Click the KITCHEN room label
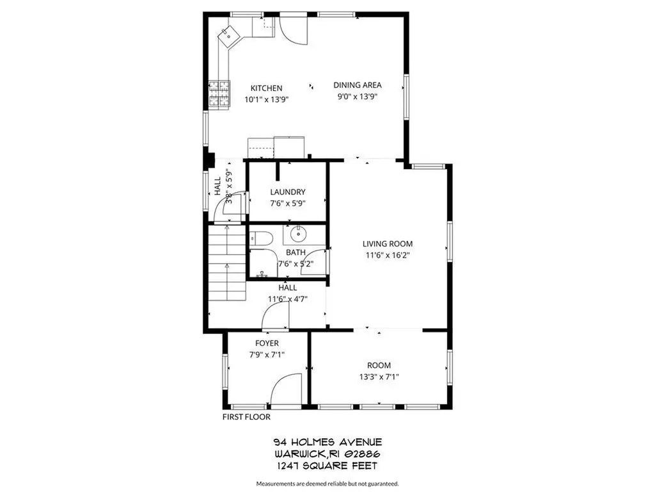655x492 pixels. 266,88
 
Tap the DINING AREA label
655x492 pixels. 358,85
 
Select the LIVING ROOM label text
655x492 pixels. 388,243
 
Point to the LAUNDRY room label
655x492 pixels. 287,192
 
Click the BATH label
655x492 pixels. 296,252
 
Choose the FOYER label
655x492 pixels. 267,343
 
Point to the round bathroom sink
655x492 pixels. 296,233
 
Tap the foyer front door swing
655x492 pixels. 286,389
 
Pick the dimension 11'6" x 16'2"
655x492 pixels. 388,255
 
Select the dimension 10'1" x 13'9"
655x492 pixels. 266,100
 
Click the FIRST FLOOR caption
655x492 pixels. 246,417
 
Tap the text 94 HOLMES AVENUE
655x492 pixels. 327,442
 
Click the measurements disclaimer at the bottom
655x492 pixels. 327,484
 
